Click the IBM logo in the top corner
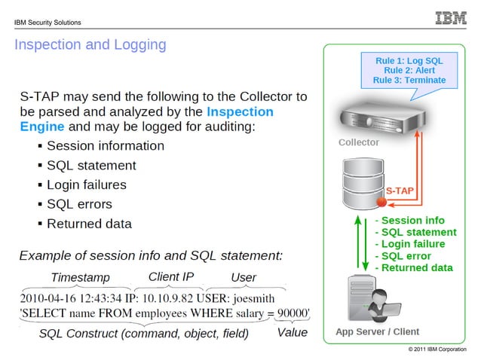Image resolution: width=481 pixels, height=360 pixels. (x=451, y=18)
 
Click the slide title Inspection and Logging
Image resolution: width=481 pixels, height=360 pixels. (x=90, y=44)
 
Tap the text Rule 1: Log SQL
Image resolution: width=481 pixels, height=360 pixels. (x=409, y=59)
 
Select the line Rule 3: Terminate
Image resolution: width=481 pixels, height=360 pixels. (x=409, y=80)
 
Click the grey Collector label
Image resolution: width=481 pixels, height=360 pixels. (x=359, y=142)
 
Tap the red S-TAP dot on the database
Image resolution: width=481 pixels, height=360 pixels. (x=381, y=203)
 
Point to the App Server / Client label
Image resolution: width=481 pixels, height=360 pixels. (x=377, y=332)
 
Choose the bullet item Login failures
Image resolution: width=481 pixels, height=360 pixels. (x=86, y=185)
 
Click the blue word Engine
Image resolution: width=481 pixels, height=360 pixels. (x=43, y=126)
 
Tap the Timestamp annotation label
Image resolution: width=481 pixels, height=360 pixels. (x=80, y=276)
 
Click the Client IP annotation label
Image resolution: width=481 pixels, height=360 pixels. (x=171, y=276)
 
